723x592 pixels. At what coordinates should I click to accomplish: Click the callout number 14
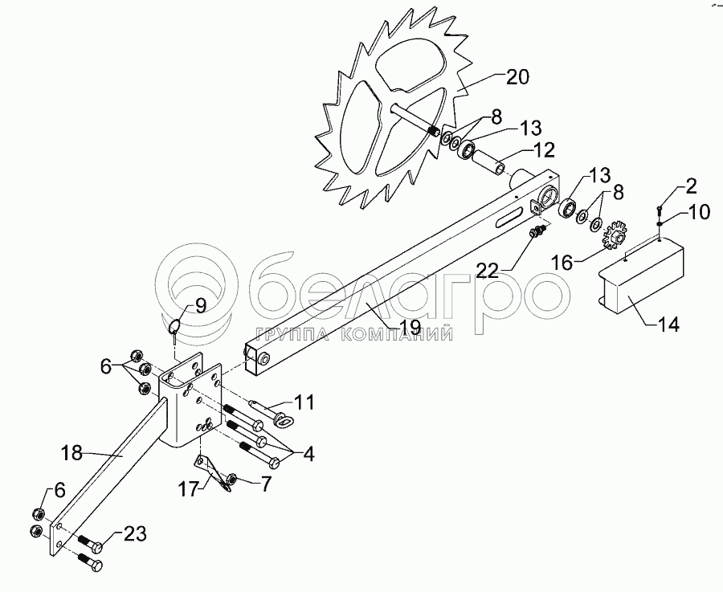(668, 325)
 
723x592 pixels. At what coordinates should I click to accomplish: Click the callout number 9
(200, 305)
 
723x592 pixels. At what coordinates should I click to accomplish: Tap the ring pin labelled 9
(177, 325)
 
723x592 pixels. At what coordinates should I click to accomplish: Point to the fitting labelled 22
(535, 232)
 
